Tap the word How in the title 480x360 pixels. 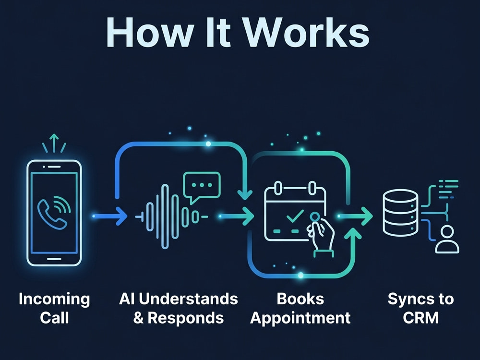click(150, 33)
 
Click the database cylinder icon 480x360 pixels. click(400, 213)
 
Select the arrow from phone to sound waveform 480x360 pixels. click(109, 216)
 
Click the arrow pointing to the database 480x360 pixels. click(355, 216)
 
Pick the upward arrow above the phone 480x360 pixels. click(54, 143)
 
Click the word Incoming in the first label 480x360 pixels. click(54, 299)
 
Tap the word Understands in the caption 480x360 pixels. click(188, 299)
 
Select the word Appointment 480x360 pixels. click(300, 318)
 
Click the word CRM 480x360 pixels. click(420, 318)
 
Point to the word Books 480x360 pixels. click(300, 299)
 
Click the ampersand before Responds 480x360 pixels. click(138, 318)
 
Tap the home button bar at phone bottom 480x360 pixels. click(54, 259)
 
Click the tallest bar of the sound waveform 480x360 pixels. click(165, 216)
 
